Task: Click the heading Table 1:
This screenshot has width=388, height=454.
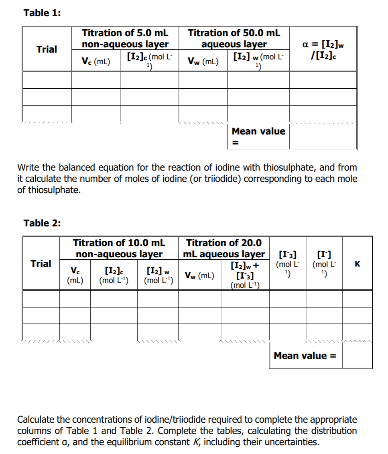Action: tap(42, 13)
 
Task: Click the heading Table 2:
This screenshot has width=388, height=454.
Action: tap(42, 223)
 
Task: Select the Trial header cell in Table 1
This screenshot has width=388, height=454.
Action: tap(47, 49)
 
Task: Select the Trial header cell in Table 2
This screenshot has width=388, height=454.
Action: tap(41, 264)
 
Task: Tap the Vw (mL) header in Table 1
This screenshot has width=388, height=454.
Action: tap(203, 61)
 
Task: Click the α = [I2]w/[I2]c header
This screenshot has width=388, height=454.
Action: tap(323, 49)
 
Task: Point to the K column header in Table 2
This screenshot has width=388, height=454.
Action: tap(358, 264)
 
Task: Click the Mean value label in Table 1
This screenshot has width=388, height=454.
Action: tap(258, 131)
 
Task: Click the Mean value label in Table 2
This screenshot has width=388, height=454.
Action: tap(305, 356)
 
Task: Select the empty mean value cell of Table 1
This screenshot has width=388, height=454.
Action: tap(323, 136)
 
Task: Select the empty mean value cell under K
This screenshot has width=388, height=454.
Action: tap(358, 356)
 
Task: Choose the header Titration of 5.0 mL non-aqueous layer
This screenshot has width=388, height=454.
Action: tap(125, 39)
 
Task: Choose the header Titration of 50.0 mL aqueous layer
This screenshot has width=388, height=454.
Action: tap(234, 39)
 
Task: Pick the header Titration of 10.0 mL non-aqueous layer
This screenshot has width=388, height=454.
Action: tap(119, 248)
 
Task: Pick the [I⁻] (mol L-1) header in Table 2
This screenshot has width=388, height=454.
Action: tap(324, 264)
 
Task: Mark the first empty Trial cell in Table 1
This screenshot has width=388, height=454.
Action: tap(47, 80)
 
